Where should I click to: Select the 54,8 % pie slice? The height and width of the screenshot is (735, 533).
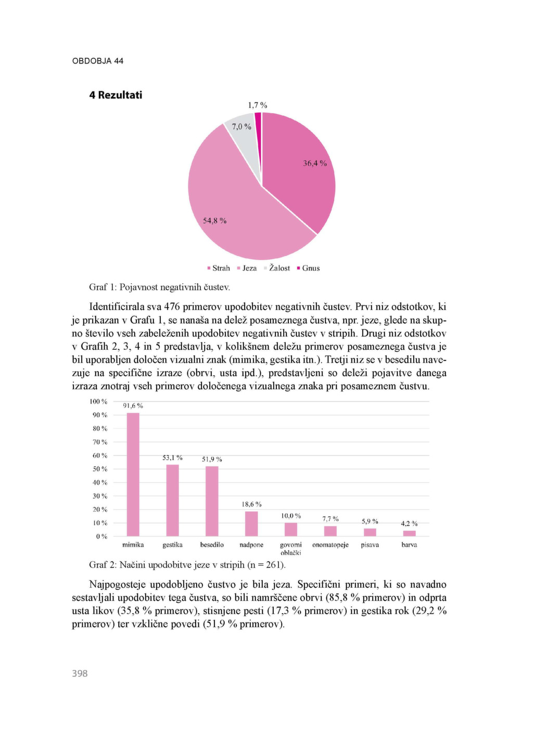234,208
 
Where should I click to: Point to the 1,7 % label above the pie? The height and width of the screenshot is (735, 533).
257,105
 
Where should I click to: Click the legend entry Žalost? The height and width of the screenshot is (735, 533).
279,268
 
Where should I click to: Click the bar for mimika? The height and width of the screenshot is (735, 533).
133,474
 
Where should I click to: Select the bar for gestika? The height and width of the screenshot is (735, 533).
172,500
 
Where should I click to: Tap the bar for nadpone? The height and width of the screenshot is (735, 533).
251,524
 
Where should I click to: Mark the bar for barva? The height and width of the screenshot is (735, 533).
409,533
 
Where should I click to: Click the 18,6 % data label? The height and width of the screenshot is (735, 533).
251,504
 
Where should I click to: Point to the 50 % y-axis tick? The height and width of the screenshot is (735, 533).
100,469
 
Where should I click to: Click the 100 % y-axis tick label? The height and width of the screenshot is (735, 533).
98,401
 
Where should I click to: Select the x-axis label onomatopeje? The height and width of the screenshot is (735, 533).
330,545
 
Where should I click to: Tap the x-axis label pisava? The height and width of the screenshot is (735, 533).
370,545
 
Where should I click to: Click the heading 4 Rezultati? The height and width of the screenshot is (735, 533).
116,95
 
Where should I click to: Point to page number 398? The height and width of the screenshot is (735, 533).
80,674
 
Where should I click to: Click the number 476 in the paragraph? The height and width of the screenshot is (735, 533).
172,307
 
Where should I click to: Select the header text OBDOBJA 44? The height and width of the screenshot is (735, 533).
98,61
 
